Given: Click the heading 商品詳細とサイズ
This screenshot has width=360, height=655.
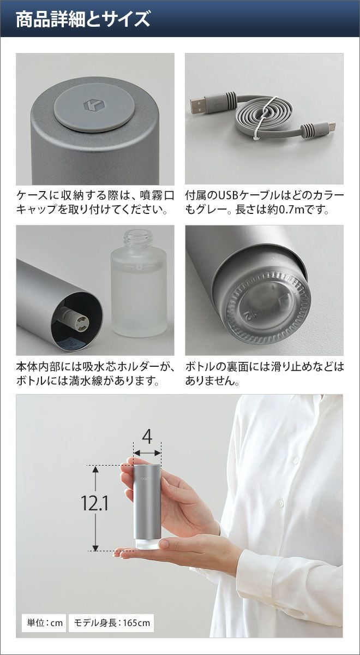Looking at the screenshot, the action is pos(83,20).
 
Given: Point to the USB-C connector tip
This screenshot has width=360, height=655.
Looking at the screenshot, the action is pos(332,127).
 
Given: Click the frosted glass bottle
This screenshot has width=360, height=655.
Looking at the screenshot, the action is pos(139,283).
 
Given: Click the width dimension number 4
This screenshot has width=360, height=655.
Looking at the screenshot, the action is pos(147,437).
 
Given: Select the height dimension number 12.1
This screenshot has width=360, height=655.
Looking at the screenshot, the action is pos(94,503).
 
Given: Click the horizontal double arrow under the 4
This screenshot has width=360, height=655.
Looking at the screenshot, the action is pos(147,453).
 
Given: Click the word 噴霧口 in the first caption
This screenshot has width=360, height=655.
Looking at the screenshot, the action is pos(157,195).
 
